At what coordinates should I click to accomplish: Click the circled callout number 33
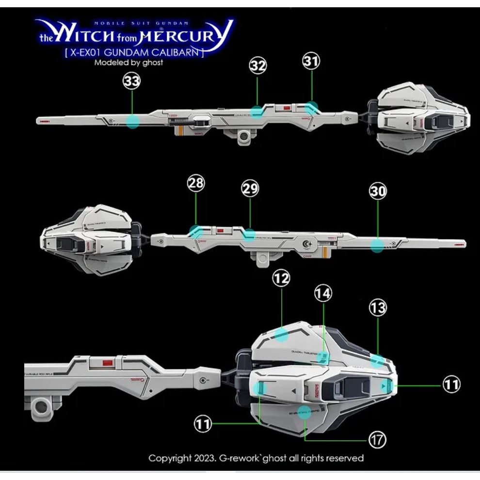coord(132,81)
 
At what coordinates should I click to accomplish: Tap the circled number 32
coord(258,66)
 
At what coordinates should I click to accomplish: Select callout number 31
coord(311,61)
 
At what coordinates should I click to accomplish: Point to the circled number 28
coord(196,183)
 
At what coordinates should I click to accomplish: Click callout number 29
coord(250,189)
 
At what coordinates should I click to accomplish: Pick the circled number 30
coord(378,191)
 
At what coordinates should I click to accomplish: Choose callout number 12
coord(281,278)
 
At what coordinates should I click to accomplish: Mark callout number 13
coord(378,307)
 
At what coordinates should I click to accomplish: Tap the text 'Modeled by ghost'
coord(129,62)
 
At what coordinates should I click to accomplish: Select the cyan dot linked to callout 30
coord(377,245)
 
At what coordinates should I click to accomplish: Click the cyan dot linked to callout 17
coord(304,412)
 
